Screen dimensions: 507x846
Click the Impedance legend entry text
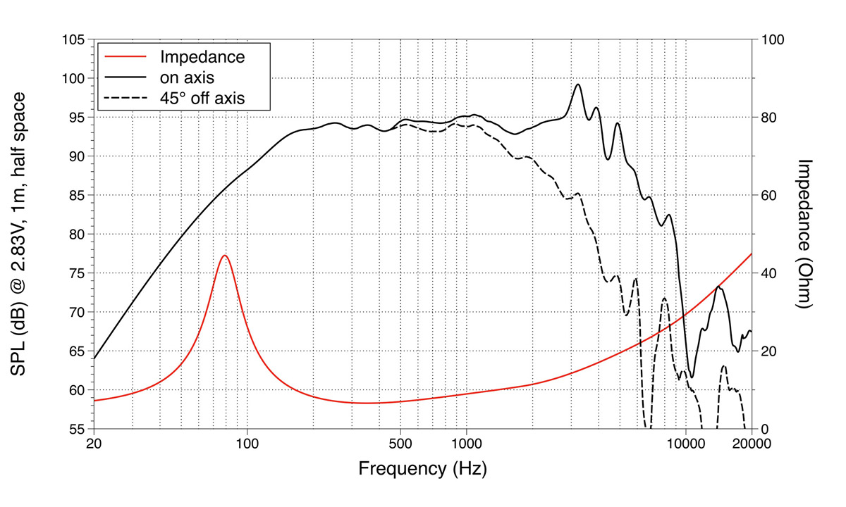tap(202, 57)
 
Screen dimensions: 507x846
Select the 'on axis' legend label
tap(188, 77)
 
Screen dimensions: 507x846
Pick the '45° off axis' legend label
tap(202, 98)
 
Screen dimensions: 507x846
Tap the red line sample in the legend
tap(125, 57)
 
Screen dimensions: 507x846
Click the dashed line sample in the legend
tap(125, 98)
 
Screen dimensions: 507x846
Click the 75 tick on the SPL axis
tap(77, 273)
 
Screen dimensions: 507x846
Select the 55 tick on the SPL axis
tap(77, 429)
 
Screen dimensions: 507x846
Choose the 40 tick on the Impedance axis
tap(768, 273)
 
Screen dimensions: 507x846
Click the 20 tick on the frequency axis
tap(94, 444)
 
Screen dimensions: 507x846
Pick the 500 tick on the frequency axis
tap(400, 444)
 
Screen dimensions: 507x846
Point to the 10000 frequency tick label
tap(685, 444)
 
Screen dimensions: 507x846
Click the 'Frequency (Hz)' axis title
tap(422, 468)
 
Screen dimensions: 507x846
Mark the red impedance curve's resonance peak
tap(224, 255)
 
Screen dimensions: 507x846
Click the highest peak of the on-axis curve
tap(578, 84)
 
